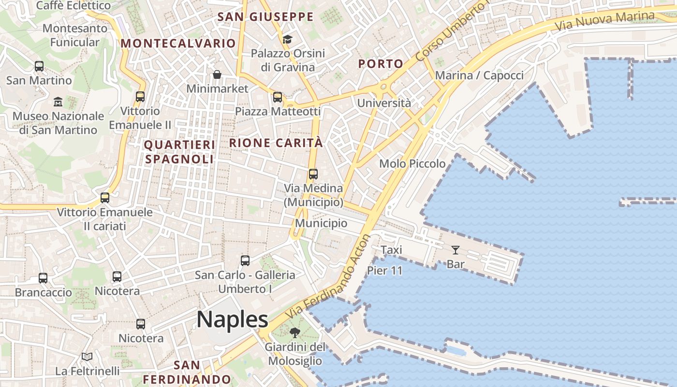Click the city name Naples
coord(232,320)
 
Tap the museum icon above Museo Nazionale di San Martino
coord(58,102)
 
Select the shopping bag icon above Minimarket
coord(217,74)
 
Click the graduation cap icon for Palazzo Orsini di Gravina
coord(288,39)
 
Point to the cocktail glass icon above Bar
coord(456,250)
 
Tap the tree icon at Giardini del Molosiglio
coord(294,333)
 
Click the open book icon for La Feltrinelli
coord(87,357)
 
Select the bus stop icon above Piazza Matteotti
coord(278,97)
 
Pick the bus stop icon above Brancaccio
coord(43,278)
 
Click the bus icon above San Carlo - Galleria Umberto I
coord(245,261)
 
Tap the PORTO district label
coord(381,64)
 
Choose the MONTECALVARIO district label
coord(178,43)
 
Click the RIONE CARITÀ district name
coord(276,143)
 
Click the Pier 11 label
coord(384,270)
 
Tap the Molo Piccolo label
coord(412,164)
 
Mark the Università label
coord(384,103)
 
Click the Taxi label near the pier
coord(391,250)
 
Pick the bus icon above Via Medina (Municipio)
coord(313,174)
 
